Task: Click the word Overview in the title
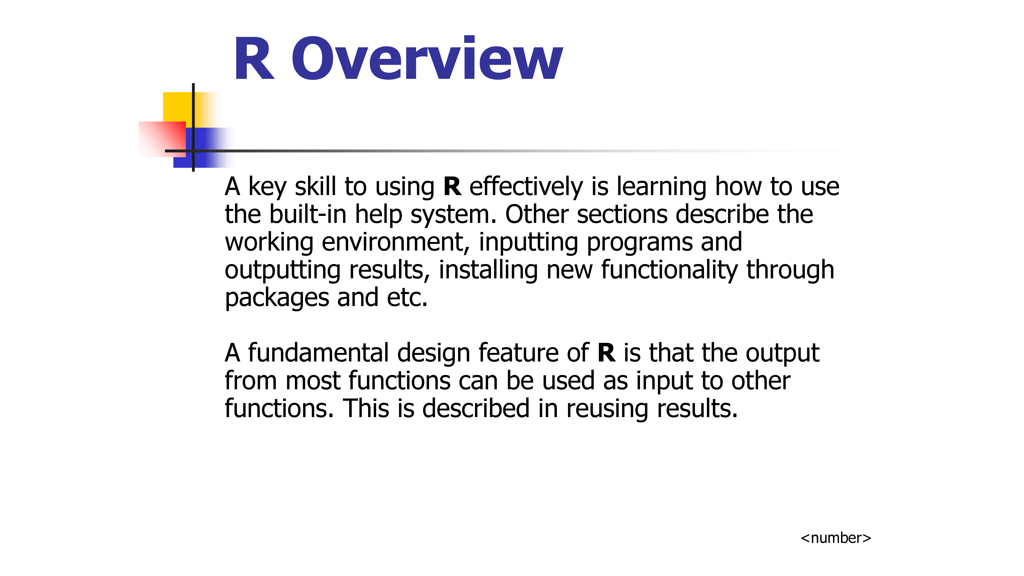pyautogui.click(x=427, y=58)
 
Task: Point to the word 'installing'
pyautogui.click(x=488, y=270)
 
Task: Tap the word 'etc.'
pyautogui.click(x=407, y=298)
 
